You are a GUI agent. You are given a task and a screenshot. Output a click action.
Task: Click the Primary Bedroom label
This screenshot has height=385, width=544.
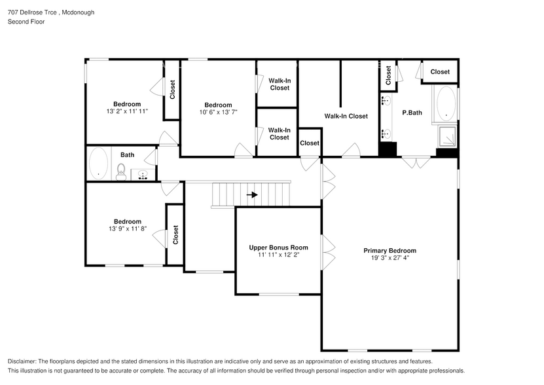tap(390, 250)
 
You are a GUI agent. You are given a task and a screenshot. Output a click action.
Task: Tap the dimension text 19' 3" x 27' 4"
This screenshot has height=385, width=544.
tap(390, 258)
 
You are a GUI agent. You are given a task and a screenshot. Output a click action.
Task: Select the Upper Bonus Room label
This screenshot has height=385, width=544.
tap(278, 247)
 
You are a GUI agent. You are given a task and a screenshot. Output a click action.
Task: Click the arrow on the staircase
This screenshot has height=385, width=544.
tap(252, 194)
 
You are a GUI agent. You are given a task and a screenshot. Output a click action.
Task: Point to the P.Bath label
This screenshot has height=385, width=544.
tap(412, 113)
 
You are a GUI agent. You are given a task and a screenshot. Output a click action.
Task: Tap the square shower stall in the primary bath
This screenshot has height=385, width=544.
tap(447, 137)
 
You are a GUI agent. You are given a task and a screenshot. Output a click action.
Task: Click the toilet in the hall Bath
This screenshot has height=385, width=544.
tap(120, 172)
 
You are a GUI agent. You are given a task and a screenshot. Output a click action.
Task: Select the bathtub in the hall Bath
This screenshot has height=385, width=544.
tap(99, 164)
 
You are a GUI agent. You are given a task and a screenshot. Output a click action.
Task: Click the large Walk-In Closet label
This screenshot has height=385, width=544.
tap(346, 116)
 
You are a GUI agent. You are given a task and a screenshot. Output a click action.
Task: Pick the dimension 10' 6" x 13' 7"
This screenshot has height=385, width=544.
tap(218, 112)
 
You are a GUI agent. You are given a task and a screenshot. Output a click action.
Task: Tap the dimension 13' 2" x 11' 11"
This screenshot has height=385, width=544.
tap(127, 111)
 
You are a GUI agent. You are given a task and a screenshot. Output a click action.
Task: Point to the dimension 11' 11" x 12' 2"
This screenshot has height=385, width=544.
tap(278, 255)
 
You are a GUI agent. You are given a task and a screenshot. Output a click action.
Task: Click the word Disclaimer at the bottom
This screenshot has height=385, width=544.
tap(24, 361)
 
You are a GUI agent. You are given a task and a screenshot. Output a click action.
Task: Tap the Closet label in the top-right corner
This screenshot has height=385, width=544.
tap(440, 72)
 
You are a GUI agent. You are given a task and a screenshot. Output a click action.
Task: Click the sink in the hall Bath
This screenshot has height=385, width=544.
tap(143, 175)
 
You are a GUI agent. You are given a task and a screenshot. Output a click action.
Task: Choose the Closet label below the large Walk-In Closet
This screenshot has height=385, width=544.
tap(310, 143)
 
